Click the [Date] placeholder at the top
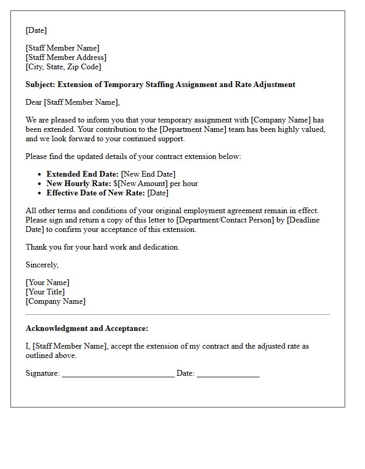(x=36, y=30)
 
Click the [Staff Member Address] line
(x=66, y=57)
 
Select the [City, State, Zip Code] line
(x=63, y=67)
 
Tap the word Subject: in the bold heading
(x=40, y=84)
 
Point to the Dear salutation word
(x=34, y=102)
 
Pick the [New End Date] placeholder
(x=148, y=174)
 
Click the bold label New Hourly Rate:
(x=79, y=183)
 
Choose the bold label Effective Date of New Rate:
(x=96, y=193)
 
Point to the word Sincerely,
(x=42, y=265)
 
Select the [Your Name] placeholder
(x=47, y=282)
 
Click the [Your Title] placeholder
(x=45, y=292)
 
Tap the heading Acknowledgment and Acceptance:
(x=87, y=328)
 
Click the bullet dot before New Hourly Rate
(x=40, y=183)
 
